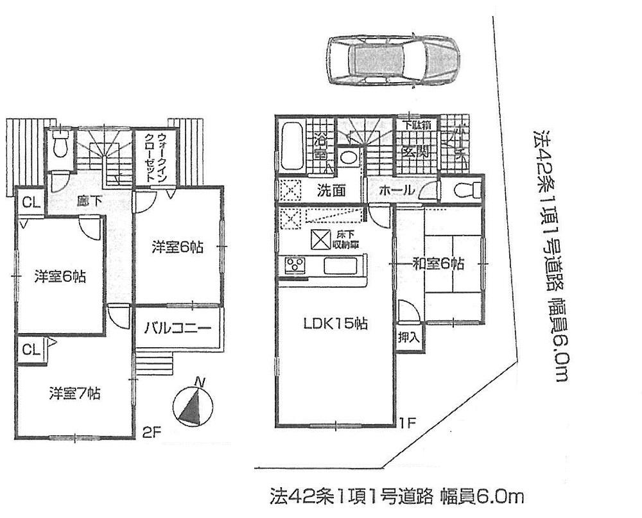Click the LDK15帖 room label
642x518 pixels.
335,324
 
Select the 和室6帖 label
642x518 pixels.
438,263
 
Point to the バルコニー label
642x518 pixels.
177,327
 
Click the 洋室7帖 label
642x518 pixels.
74,392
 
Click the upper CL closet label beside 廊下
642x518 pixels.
28,203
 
